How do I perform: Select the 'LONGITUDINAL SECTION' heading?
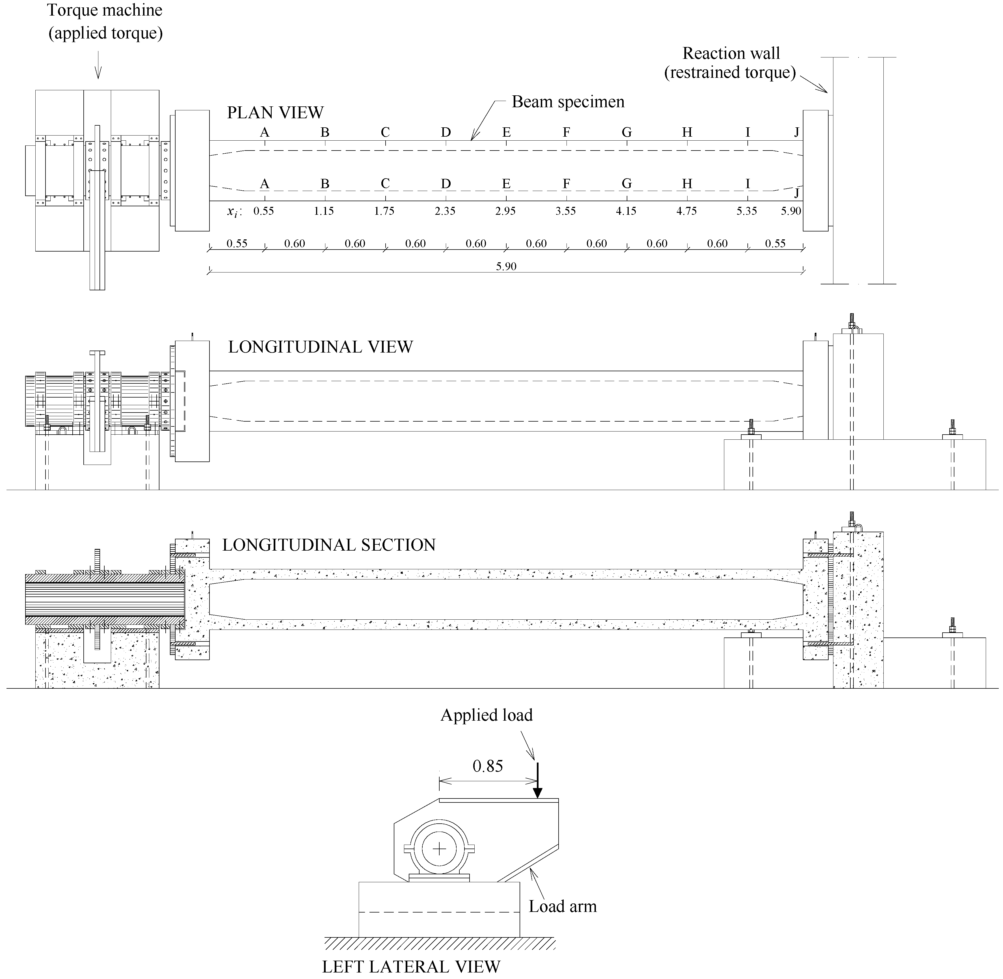tap(329, 545)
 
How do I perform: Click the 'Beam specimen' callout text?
tap(568, 102)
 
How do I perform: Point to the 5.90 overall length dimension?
tap(506, 266)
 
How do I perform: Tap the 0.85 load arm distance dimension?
tap(488, 766)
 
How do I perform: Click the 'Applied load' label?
tap(486, 715)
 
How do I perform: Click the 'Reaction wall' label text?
tap(731, 53)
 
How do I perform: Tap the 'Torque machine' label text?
tap(105, 10)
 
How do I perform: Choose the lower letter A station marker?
tap(265, 184)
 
